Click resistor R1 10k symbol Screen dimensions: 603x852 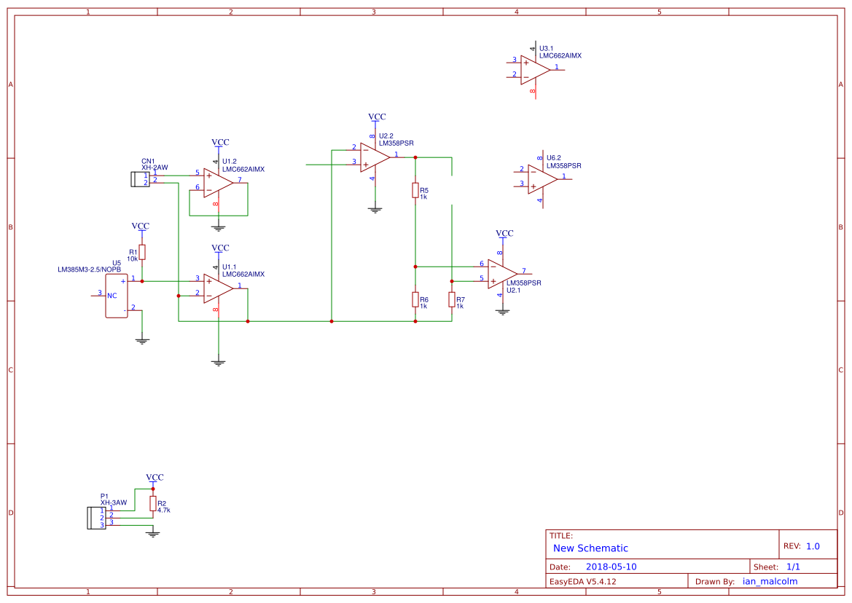142,252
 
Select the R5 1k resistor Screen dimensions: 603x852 415,191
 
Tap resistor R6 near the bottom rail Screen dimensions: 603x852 415,299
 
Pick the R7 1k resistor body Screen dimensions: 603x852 452,301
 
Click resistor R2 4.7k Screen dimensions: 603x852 152,504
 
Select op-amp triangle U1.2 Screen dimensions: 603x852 217,183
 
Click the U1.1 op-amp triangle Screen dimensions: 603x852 217,288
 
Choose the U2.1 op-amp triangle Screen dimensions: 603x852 501,273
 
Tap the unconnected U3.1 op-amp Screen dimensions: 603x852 534,69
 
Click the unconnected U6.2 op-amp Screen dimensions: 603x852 542,178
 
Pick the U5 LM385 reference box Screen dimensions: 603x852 116,295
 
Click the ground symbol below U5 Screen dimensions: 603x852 142,340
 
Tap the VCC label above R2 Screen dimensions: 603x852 155,478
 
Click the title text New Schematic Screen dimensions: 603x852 590,548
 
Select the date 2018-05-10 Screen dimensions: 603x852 611,567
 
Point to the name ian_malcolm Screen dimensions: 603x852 770,581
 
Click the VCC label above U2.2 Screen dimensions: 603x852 377,117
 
